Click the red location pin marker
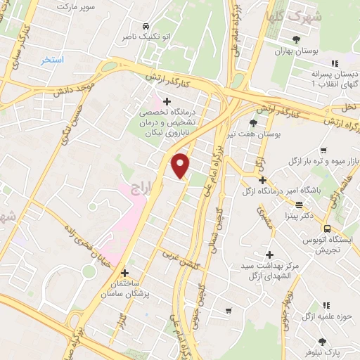(181, 165)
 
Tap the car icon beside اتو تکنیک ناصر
(145, 22)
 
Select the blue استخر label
(52, 60)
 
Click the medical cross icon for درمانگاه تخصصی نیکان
(167, 101)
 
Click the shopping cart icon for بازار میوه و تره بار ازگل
(323, 150)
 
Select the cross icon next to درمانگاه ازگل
(262, 180)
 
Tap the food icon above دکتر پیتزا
(300, 205)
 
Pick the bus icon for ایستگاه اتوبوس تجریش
(326, 228)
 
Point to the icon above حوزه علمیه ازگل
(326, 304)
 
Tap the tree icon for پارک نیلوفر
(323, 341)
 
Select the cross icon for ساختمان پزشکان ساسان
(124, 272)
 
